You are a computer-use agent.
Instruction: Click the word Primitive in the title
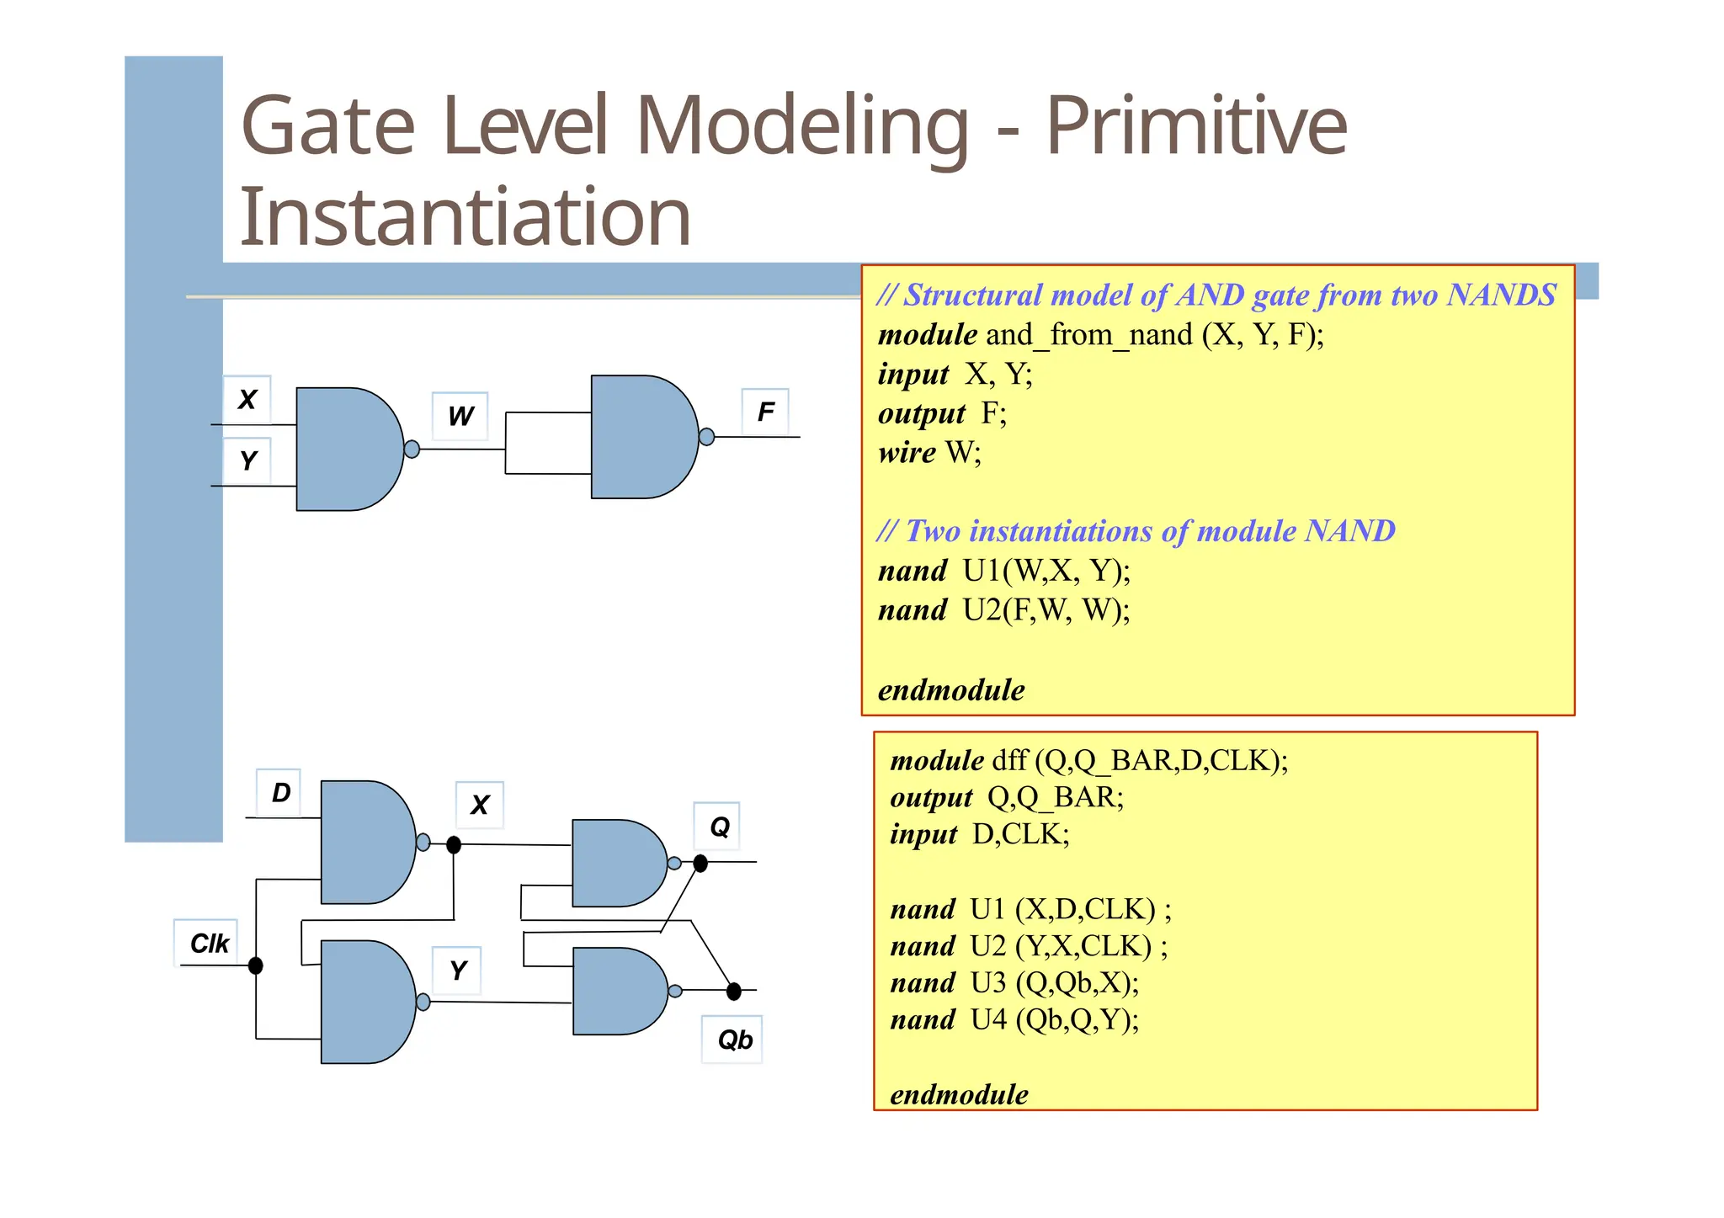[x=1195, y=126]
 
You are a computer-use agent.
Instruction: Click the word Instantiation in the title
[x=465, y=217]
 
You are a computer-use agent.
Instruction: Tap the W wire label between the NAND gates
[x=460, y=416]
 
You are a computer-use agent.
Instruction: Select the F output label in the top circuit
[x=765, y=412]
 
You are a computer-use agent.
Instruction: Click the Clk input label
[x=208, y=944]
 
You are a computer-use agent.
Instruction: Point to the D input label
[x=280, y=792]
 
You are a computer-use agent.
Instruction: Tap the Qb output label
[x=734, y=1040]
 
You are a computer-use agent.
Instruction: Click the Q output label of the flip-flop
[x=719, y=827]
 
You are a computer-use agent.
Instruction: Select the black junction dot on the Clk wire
[x=256, y=965]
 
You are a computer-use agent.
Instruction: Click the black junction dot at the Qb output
[x=734, y=992]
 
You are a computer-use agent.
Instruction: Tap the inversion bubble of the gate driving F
[x=707, y=437]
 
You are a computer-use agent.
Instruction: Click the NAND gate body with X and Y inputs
[x=345, y=449]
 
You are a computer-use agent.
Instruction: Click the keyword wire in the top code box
[x=907, y=453]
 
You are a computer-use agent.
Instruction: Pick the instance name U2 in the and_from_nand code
[x=982, y=609]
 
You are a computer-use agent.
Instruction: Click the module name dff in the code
[x=1008, y=761]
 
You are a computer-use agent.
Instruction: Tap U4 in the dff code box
[x=988, y=1020]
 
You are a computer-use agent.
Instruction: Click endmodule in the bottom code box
[x=959, y=1094]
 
